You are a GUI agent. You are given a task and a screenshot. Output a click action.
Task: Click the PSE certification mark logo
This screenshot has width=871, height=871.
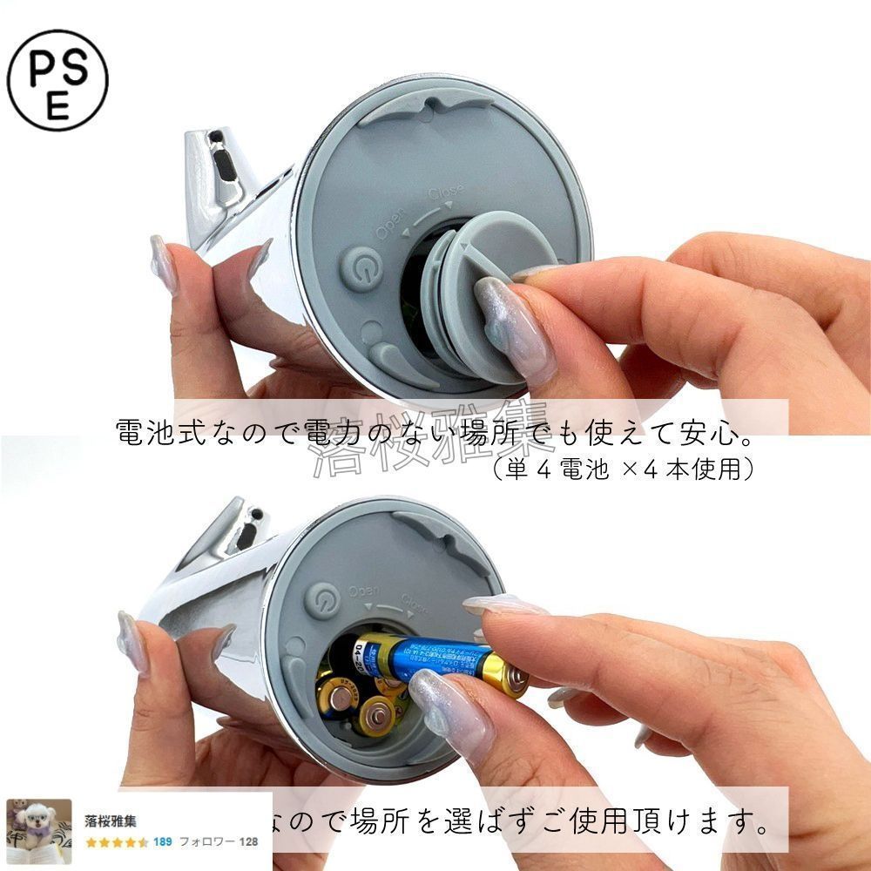(57, 80)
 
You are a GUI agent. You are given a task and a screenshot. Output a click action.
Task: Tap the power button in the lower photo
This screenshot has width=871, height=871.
(321, 603)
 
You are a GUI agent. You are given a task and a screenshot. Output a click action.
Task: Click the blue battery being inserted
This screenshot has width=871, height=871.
(435, 658)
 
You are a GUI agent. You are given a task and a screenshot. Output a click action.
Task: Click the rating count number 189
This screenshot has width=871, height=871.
(162, 842)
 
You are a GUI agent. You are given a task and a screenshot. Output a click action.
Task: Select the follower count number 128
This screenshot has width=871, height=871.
(248, 842)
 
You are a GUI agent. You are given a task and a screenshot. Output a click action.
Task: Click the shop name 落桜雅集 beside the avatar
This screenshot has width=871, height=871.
(111, 820)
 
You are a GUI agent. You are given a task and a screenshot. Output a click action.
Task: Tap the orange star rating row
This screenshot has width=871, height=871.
(117, 842)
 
